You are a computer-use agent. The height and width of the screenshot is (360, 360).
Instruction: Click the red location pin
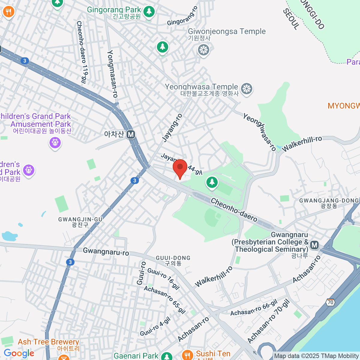(180, 168)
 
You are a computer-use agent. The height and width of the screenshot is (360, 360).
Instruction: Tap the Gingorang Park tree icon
(149, 12)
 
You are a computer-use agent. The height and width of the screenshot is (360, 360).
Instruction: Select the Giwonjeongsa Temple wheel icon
(204, 49)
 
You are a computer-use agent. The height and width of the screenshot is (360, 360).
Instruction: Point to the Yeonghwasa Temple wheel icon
(247, 89)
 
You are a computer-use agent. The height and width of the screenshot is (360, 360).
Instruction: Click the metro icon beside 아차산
(130, 134)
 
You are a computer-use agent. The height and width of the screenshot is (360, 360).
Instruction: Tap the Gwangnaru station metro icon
(314, 245)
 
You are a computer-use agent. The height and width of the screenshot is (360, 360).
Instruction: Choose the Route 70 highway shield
(330, 302)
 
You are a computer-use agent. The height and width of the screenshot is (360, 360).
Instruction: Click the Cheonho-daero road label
(234, 210)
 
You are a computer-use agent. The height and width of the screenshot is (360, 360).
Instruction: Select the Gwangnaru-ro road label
(106, 251)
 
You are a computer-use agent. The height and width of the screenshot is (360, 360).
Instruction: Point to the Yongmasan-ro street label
(112, 74)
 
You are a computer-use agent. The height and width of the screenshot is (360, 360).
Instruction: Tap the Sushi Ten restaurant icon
(188, 355)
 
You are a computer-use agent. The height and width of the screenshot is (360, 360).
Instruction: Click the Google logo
(19, 353)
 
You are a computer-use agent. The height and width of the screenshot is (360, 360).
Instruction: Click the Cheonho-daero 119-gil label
(81, 52)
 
